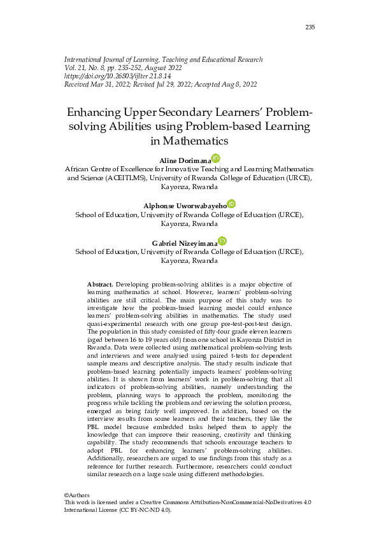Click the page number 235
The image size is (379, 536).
(x=310, y=27)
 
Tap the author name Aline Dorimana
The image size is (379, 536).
(x=186, y=159)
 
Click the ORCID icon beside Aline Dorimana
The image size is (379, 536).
(x=216, y=158)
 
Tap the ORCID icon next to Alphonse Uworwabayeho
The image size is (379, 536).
(x=231, y=204)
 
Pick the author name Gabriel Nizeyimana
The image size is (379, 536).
(x=185, y=243)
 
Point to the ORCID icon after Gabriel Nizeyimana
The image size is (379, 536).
(x=222, y=241)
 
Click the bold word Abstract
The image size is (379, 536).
(x=100, y=283)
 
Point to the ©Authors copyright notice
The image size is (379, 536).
(x=77, y=495)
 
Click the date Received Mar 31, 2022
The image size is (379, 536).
(x=96, y=84)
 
